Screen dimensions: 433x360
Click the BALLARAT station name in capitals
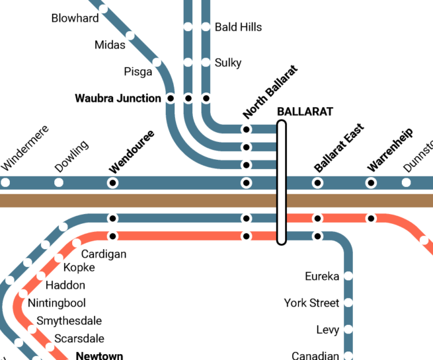tap(305, 112)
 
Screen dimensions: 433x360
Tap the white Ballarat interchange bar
tap(282, 182)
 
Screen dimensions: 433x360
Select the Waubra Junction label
tap(118, 98)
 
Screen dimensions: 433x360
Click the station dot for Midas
tap(130, 36)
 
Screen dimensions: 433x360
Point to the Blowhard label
tap(75, 18)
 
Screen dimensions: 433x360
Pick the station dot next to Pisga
tap(157, 62)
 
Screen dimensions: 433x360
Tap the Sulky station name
tap(228, 63)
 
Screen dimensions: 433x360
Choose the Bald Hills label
tap(239, 27)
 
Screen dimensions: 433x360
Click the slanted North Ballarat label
tap(270, 92)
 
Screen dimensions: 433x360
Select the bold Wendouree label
tap(132, 152)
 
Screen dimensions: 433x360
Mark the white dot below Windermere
tap(5, 182)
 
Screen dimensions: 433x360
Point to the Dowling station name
tap(71, 156)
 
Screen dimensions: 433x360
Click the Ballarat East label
tap(339, 148)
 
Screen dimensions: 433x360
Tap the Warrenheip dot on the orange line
tap(371, 219)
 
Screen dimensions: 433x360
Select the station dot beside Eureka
tap(348, 275)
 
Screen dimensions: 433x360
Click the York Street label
tap(311, 303)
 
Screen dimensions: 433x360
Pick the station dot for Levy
tap(348, 329)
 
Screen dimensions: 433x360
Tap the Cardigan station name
tap(104, 254)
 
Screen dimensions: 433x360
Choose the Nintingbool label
tap(57, 303)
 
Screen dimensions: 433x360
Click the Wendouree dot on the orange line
tap(112, 236)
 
